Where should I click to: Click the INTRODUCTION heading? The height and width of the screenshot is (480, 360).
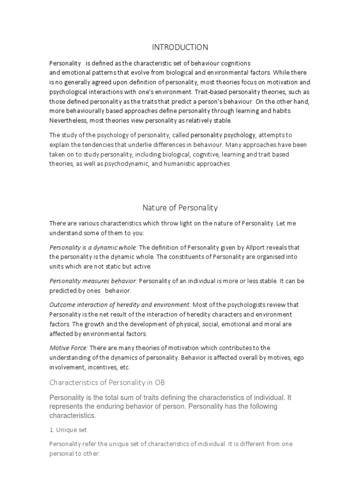click(180, 47)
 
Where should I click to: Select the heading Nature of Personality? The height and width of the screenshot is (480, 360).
click(180, 207)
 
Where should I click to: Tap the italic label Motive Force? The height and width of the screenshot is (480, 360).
click(68, 347)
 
